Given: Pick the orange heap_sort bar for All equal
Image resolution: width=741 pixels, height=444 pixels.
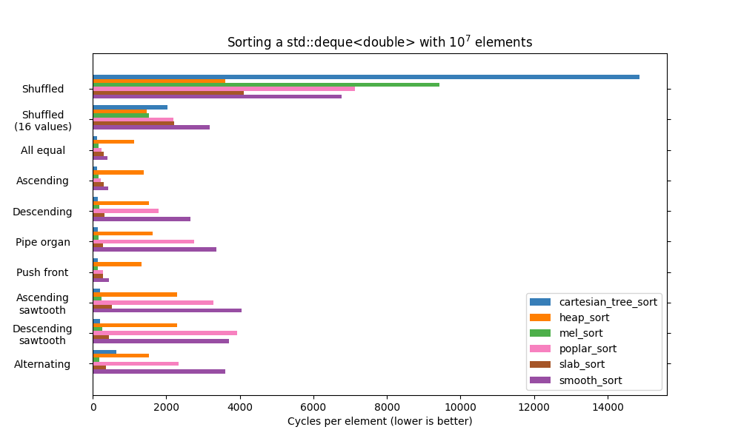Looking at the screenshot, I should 113,141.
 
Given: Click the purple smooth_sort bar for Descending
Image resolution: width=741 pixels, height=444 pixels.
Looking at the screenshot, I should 142,219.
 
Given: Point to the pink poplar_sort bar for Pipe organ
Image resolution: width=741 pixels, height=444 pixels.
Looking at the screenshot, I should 144,241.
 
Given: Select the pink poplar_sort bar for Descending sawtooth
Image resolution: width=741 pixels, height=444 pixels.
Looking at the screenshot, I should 165,333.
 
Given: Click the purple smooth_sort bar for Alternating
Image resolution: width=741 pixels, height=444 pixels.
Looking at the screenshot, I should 159,371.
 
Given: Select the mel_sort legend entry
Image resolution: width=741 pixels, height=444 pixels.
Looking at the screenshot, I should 580,333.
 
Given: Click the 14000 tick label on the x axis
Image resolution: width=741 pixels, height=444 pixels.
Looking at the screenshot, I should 608,407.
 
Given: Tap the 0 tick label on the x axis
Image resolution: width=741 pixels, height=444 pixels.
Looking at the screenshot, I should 93,407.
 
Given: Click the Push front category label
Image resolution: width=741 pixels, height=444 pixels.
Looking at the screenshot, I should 42,272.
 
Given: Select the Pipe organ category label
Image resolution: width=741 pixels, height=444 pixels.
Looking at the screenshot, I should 43,242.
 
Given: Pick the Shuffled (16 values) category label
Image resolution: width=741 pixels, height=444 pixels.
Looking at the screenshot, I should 43,121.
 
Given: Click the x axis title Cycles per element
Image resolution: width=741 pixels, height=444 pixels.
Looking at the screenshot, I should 379,421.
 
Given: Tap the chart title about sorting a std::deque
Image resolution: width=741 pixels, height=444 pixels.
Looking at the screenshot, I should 379,42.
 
